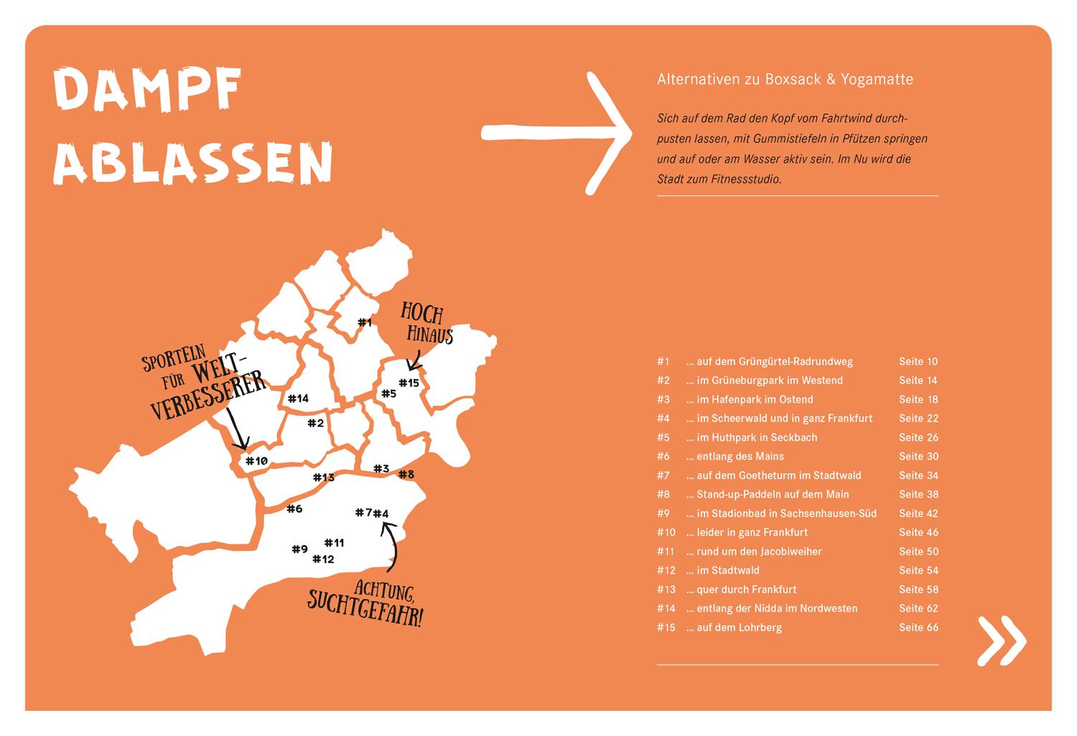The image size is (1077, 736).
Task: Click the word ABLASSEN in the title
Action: click(194, 162)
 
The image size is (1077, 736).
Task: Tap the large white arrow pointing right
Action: click(556, 132)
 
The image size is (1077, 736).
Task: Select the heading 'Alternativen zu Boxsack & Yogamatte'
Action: click(785, 80)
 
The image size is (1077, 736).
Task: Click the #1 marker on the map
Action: click(365, 322)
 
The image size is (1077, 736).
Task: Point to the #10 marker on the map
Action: click(256, 461)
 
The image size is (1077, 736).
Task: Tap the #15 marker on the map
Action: click(409, 383)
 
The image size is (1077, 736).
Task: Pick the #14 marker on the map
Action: click(297, 399)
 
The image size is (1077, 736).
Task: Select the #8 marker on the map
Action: click(406, 474)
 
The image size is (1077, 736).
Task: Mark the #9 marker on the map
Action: click(299, 549)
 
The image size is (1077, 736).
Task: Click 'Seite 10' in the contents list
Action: click(918, 362)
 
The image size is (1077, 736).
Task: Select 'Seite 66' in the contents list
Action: click(918, 628)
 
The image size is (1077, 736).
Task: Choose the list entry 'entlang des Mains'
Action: click(740, 457)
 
